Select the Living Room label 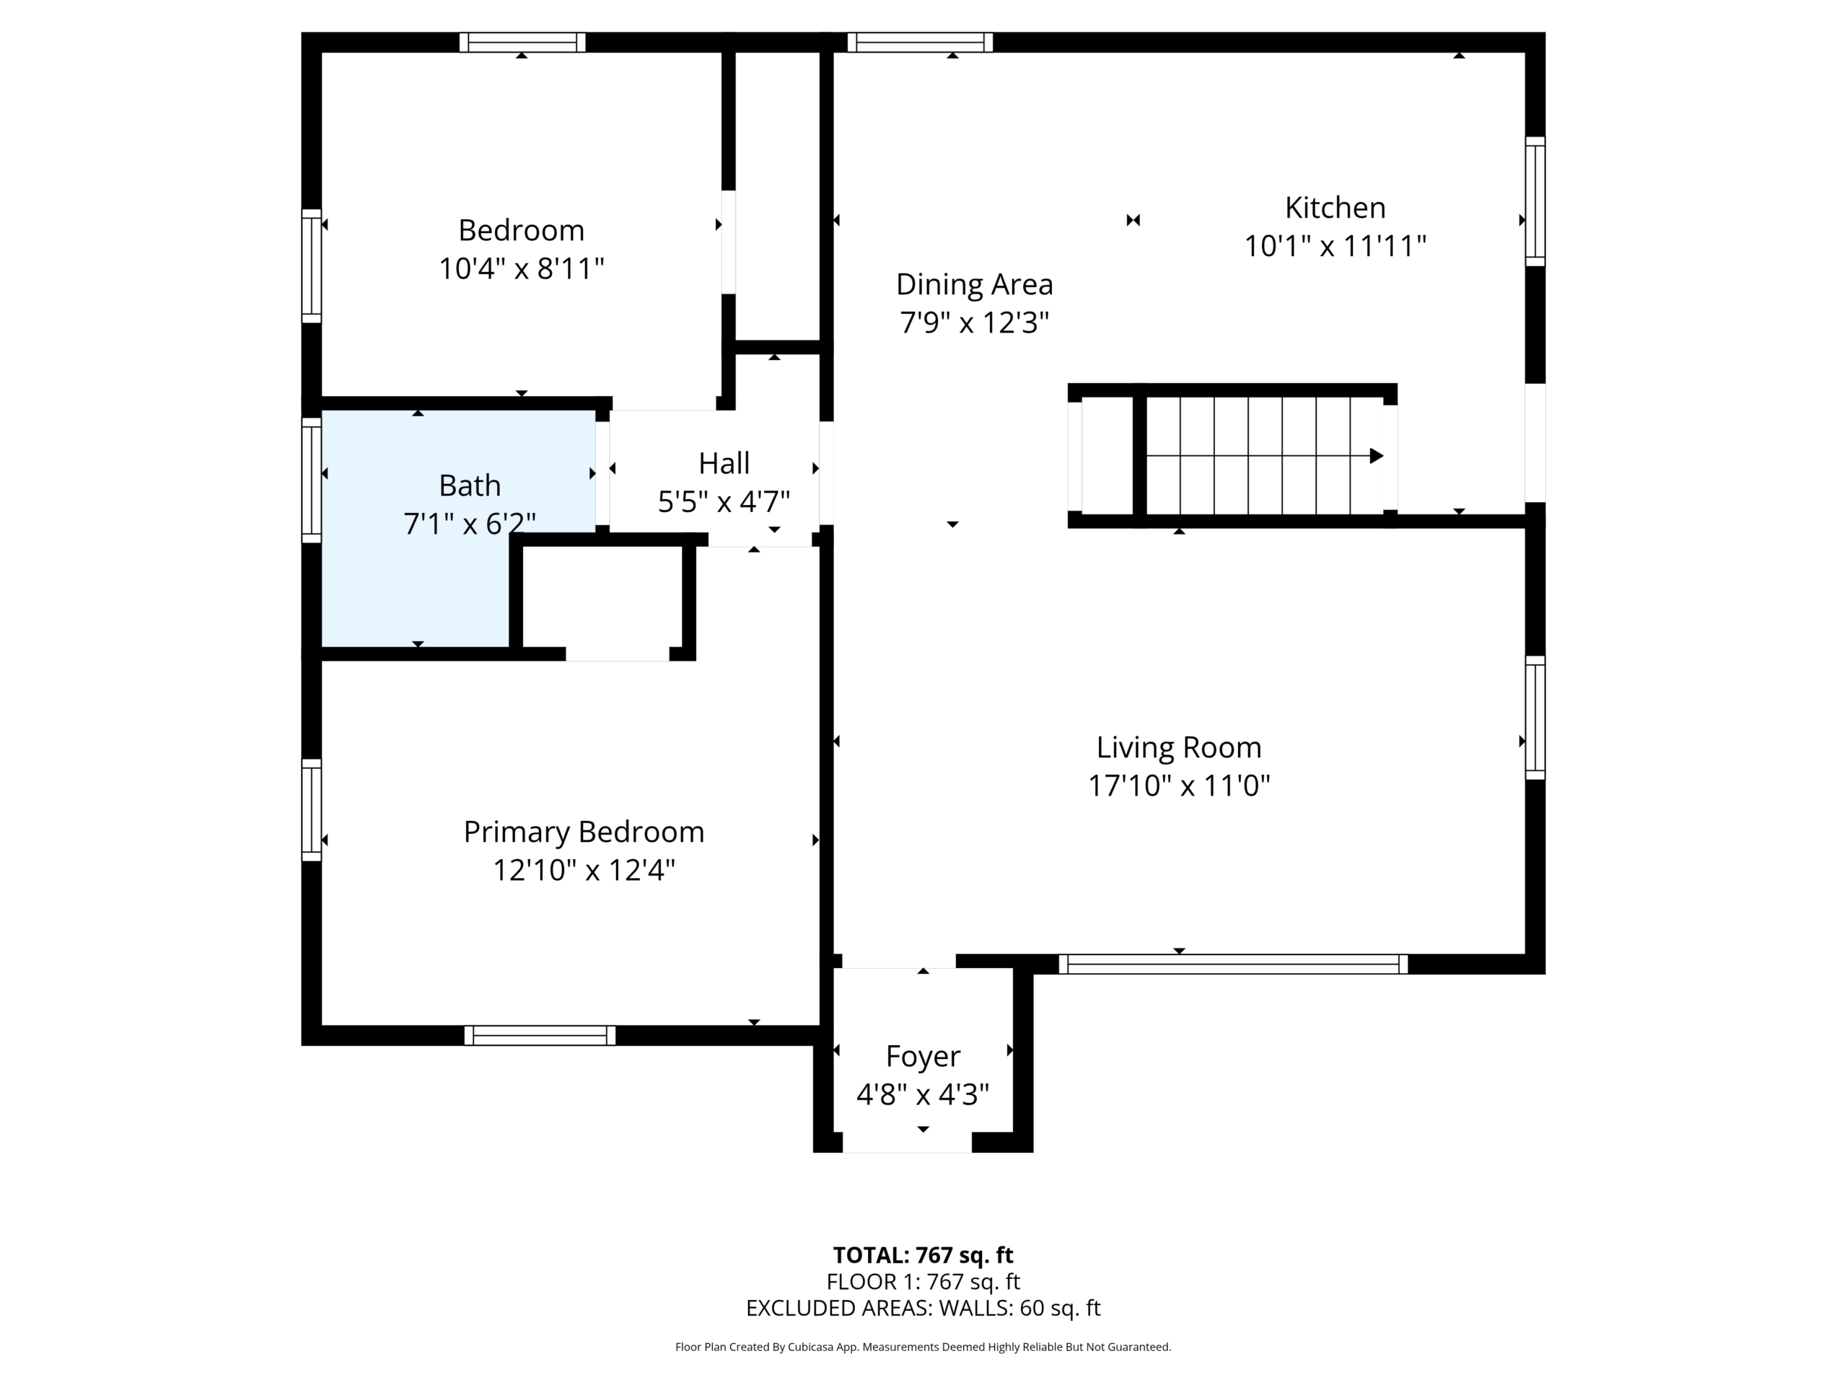[x=1178, y=747]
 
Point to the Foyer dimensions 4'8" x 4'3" [x=923, y=1094]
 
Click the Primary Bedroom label [x=584, y=832]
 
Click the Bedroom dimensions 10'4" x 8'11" [x=521, y=269]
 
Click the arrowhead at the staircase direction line [x=1377, y=456]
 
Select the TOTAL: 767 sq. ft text [x=923, y=1254]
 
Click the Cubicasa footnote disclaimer [x=923, y=1347]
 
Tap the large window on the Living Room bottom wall [x=1233, y=964]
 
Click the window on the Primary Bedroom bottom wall [x=540, y=1035]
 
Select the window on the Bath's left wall [x=312, y=480]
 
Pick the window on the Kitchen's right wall [x=1535, y=201]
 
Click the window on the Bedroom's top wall [x=522, y=42]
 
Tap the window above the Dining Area [x=920, y=42]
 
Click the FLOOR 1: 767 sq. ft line [x=923, y=1281]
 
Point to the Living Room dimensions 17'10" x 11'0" [x=1178, y=786]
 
